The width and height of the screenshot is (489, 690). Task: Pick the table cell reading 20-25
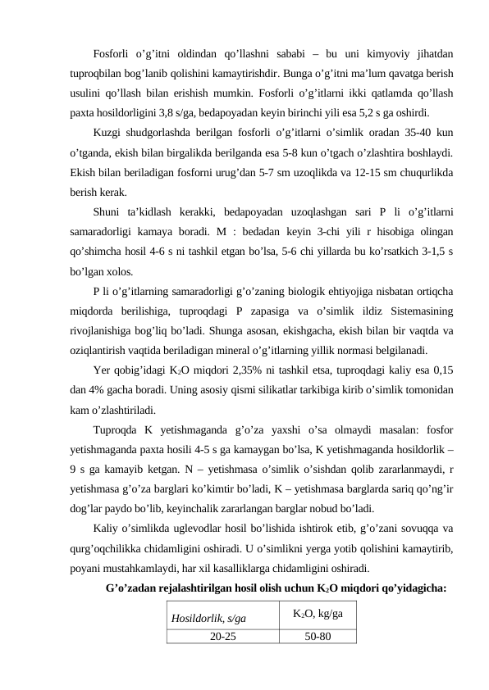(x=218, y=636)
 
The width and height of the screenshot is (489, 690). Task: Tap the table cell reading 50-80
(x=317, y=636)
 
